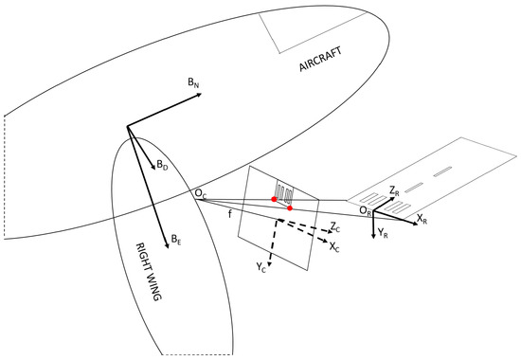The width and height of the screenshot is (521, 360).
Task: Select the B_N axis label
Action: coord(193,83)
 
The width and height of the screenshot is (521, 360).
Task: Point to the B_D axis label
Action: coord(162,165)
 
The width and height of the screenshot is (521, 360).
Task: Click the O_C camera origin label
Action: coord(200,193)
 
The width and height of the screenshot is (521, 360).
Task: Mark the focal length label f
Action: coord(230,216)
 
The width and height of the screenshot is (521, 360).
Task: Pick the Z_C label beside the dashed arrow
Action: coord(336,226)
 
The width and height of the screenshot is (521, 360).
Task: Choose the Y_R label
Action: coord(385,232)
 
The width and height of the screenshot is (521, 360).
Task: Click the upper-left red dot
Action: coord(275,200)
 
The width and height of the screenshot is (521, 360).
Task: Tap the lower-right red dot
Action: coord(291,208)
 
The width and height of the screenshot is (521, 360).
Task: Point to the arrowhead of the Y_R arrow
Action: coord(375,234)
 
